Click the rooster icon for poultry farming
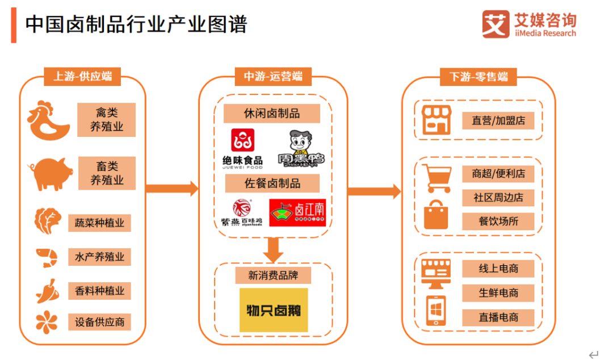point(49,120)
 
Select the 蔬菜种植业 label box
point(99,223)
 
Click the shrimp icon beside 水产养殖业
point(47,257)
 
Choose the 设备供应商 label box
point(99,322)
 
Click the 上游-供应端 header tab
point(83,77)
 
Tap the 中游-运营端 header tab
point(273,77)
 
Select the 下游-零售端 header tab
point(478,77)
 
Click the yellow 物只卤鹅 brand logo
point(274,310)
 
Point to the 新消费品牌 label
point(273,276)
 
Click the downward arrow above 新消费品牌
point(274,248)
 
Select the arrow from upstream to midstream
point(171,189)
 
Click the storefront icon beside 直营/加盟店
point(436,120)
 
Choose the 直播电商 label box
point(498,317)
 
